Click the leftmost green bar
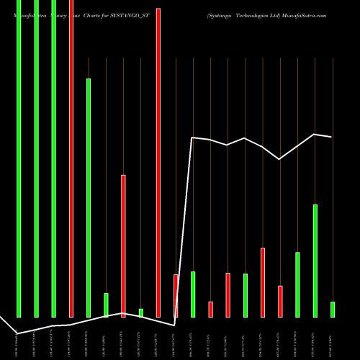click(x=19, y=158)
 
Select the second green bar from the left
click(x=36, y=158)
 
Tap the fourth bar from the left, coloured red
click(x=71, y=158)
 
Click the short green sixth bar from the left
click(x=106, y=305)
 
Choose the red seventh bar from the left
click(x=123, y=246)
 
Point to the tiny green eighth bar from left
click(x=140, y=312)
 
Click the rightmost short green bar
click(x=332, y=309)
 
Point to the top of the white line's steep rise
click(x=192, y=138)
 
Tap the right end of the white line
click(x=332, y=137)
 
